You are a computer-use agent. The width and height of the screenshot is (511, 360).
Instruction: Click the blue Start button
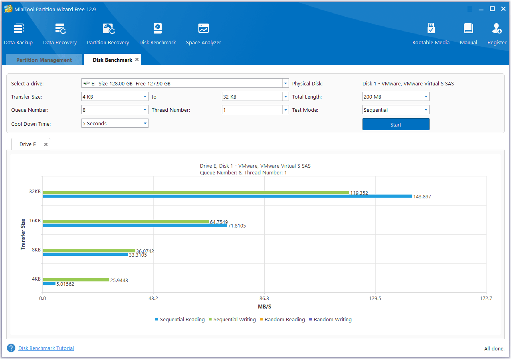click(x=396, y=125)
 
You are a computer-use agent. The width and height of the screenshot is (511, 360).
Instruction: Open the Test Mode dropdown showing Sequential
click(x=396, y=110)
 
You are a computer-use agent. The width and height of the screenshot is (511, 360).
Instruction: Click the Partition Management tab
click(x=44, y=60)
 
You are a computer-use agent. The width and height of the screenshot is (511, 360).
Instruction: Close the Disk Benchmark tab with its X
click(x=137, y=59)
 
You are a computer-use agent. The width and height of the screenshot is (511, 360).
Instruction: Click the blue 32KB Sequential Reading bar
click(x=227, y=196)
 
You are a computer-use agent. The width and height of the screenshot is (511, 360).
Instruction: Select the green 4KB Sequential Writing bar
click(x=76, y=280)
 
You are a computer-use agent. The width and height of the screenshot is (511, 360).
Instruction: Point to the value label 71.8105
click(x=237, y=226)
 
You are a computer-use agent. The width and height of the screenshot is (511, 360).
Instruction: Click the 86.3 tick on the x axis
click(x=264, y=299)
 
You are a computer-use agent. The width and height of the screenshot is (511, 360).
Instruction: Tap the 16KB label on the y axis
click(x=35, y=221)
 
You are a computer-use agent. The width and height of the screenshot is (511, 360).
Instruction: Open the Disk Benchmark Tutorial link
click(x=46, y=348)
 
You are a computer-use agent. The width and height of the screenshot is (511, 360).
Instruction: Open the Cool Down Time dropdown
click(x=115, y=124)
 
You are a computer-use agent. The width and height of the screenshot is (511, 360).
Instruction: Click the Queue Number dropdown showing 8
click(x=115, y=110)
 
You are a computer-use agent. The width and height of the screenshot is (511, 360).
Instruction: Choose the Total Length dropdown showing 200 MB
click(x=396, y=97)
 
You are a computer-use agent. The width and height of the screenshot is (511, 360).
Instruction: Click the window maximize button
click(x=492, y=9)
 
